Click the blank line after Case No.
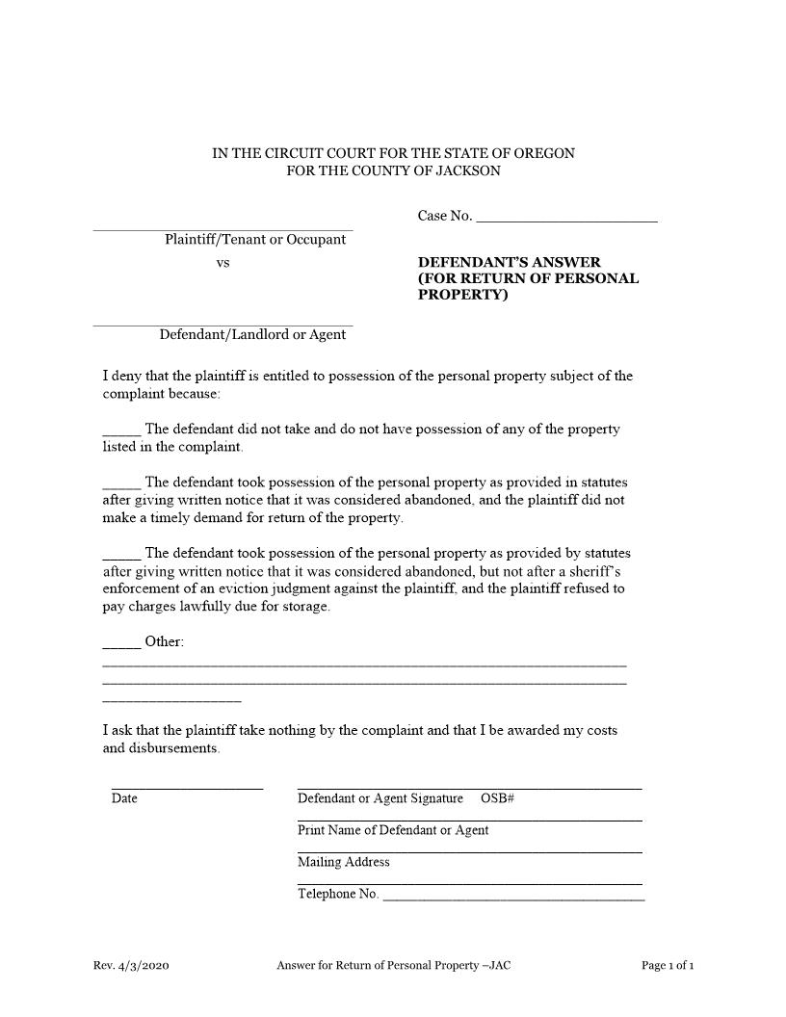tap(566, 218)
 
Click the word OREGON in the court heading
tap(544, 153)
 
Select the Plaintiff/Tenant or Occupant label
tap(254, 240)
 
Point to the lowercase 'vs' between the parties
tap(223, 262)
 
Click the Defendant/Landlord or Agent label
tap(252, 335)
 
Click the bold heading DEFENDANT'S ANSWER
tap(509, 262)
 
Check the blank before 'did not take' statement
tap(121, 430)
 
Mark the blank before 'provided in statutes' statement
tap(121, 483)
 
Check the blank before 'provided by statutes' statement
tap(121, 555)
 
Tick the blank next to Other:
tap(121, 642)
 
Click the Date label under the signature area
tap(124, 798)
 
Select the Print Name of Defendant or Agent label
tap(393, 830)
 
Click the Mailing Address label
tap(344, 862)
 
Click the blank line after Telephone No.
tap(513, 897)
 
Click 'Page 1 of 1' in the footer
tap(668, 965)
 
